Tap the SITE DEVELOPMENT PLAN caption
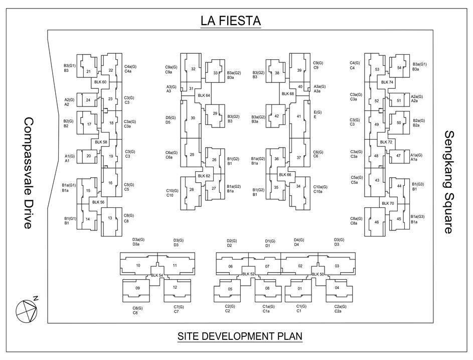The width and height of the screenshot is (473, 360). (240, 336)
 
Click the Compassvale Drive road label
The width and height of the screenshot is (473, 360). (28, 173)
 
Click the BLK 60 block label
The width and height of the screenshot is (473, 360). (100, 82)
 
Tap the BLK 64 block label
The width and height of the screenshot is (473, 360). (204, 95)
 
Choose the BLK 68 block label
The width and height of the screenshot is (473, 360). (287, 94)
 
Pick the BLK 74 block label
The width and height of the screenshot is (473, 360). (387, 82)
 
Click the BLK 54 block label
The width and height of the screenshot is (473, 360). (157, 275)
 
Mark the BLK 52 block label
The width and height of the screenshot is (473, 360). (248, 274)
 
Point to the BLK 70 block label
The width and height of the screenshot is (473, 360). (388, 203)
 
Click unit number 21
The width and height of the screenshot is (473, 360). (88, 72)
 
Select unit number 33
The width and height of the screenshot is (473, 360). (215, 73)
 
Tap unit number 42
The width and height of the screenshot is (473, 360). (276, 116)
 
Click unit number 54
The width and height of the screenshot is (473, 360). (399, 68)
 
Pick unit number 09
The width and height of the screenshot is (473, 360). (137, 288)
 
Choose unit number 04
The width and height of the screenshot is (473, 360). (337, 288)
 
